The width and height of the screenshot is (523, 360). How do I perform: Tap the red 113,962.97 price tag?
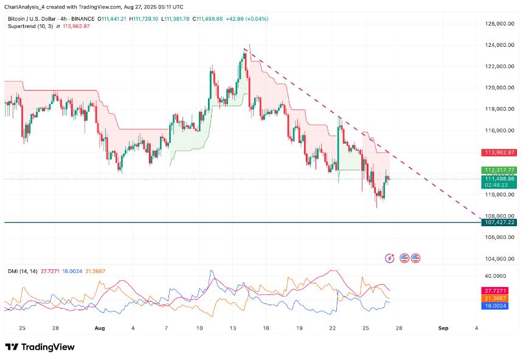click(x=499, y=153)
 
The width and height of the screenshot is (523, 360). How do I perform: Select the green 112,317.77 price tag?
click(x=499, y=170)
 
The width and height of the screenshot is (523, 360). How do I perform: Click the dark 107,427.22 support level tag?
click(x=499, y=223)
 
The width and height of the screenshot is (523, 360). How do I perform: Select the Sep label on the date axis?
click(x=443, y=328)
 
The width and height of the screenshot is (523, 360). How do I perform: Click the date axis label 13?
click(x=233, y=328)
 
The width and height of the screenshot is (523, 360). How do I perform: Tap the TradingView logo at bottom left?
click(x=40, y=347)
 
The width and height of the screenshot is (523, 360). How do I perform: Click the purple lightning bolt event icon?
click(x=390, y=258)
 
